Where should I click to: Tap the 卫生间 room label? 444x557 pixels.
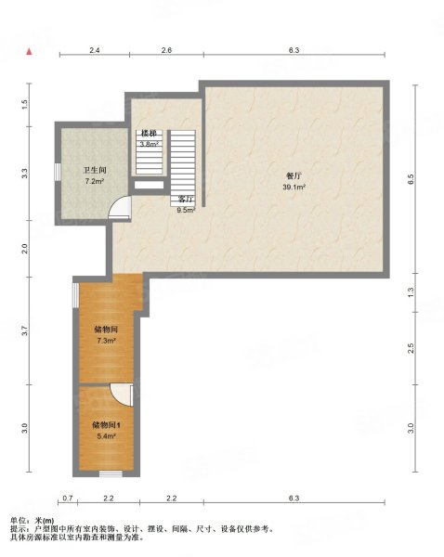coord(94,171)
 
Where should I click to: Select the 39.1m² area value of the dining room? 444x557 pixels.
coord(294,186)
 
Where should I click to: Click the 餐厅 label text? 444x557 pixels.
coord(294,175)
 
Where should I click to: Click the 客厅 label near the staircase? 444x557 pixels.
coord(185,199)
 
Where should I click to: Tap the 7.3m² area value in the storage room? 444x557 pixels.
coord(104,341)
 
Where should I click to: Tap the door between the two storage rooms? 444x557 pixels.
coord(121,395)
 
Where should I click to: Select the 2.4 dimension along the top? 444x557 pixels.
coord(95,50)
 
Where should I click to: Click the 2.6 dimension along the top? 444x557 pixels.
coord(165,50)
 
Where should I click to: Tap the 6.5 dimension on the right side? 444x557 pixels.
coord(411,179)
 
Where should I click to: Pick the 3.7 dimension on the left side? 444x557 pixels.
coord(26,330)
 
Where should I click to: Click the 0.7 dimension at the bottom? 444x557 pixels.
coord(68,499)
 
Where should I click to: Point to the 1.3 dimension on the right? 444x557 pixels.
coord(411,292)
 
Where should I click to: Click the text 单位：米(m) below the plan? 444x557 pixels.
coord(32,520)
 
